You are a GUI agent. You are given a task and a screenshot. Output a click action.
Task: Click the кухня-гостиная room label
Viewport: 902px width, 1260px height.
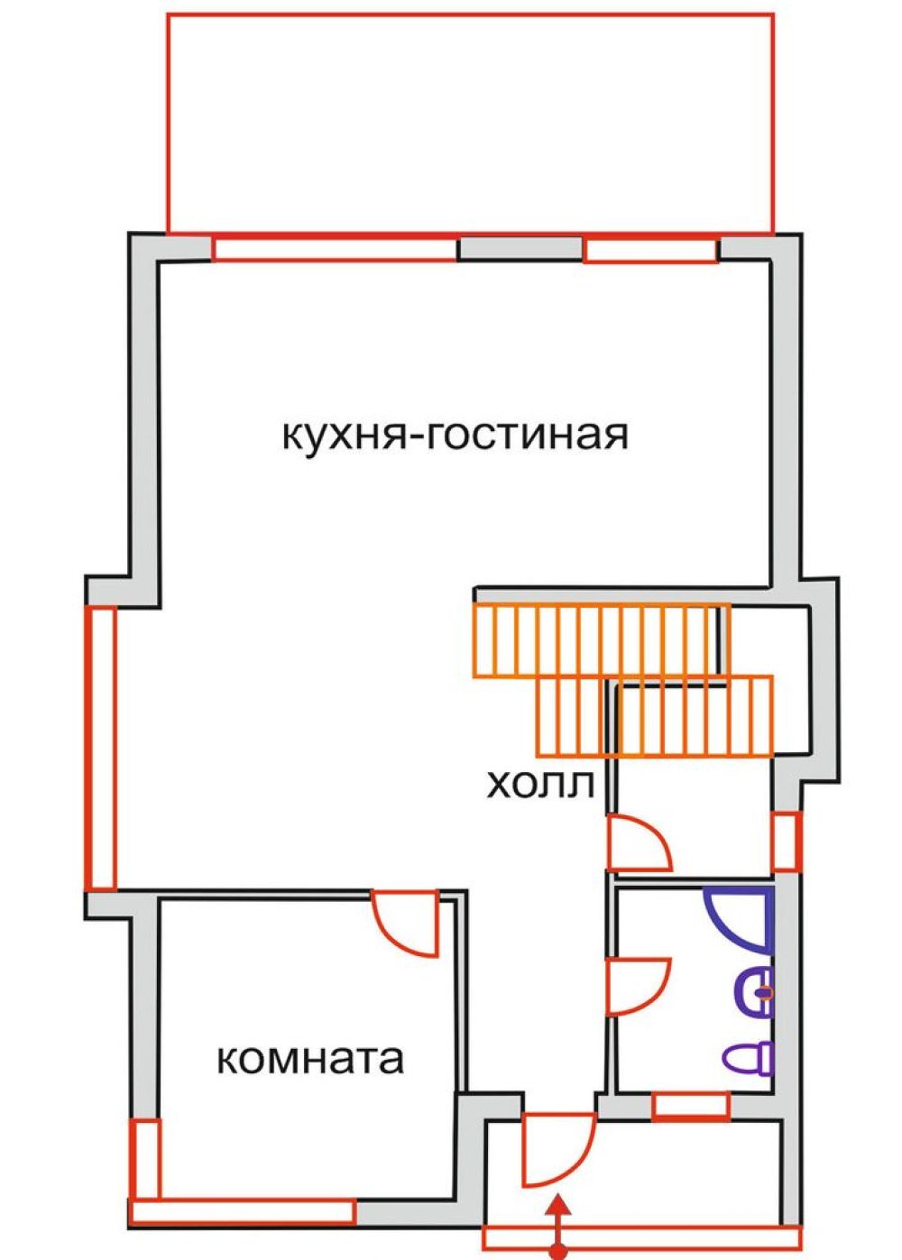click(x=455, y=437)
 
